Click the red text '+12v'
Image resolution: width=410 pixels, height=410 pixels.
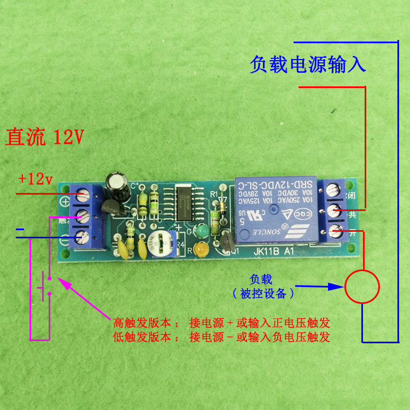[35, 179]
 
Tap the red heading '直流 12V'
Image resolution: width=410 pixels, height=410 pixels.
[45, 137]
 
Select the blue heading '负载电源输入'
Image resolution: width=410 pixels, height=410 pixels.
[308, 65]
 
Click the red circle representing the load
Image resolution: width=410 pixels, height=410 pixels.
[362, 286]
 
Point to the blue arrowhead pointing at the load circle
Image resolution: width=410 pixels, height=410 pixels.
[337, 285]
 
